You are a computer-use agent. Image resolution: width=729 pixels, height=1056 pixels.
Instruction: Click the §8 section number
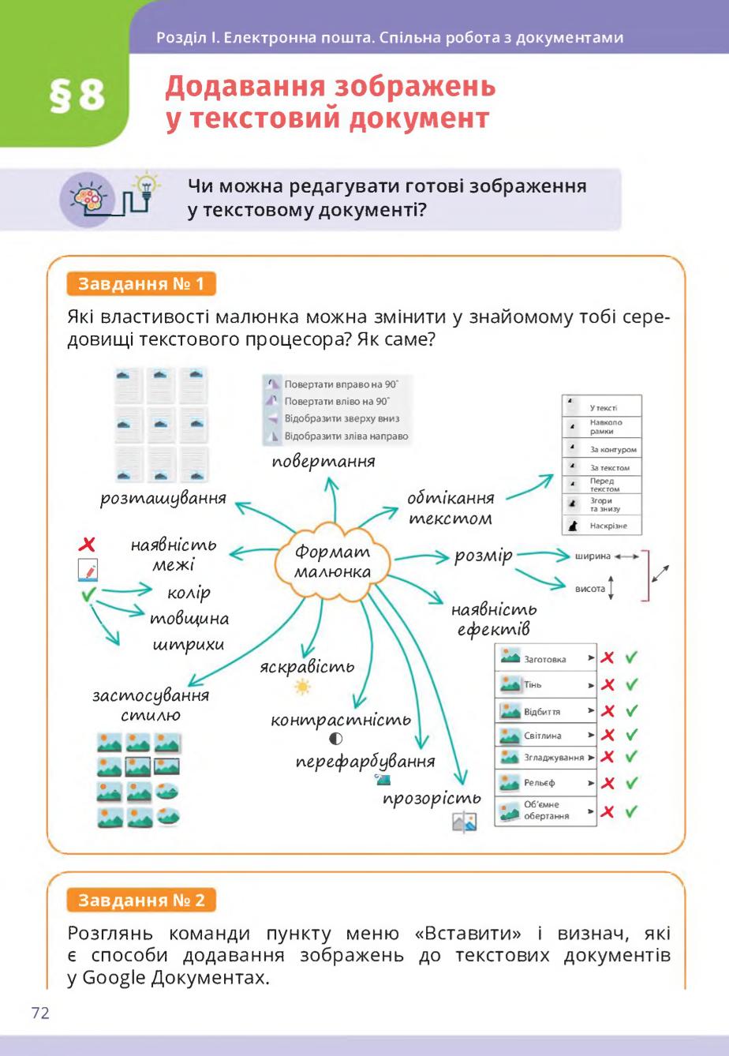[x=77, y=95]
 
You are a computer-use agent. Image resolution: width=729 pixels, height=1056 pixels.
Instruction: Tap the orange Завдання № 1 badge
[x=141, y=284]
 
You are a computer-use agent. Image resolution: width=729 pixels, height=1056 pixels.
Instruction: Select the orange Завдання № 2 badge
[x=141, y=901]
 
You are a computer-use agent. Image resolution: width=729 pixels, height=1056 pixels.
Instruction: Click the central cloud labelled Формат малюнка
[x=333, y=561]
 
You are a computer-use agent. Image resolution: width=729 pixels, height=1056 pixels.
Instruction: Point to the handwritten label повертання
[x=323, y=462]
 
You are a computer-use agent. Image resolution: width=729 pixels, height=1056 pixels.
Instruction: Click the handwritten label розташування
[x=163, y=499]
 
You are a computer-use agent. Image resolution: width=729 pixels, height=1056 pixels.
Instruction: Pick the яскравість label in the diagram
[x=307, y=667]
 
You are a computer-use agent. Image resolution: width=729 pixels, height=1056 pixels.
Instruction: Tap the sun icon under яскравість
[x=302, y=687]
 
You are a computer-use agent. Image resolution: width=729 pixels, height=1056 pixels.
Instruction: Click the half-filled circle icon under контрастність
[x=335, y=738]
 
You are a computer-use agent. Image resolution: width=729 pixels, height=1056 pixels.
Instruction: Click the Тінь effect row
[x=546, y=684]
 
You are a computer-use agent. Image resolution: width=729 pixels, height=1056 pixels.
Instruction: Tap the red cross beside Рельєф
[x=607, y=783]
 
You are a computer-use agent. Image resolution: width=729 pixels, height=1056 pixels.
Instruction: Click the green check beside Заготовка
[x=631, y=657]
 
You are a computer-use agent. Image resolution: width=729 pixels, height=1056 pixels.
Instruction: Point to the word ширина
[x=593, y=556]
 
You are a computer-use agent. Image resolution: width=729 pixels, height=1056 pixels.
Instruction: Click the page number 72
[x=40, y=1013]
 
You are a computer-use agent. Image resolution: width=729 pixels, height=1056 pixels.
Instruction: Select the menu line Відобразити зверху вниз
[x=342, y=418]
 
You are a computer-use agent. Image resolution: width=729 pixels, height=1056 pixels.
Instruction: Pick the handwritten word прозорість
[x=432, y=799]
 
